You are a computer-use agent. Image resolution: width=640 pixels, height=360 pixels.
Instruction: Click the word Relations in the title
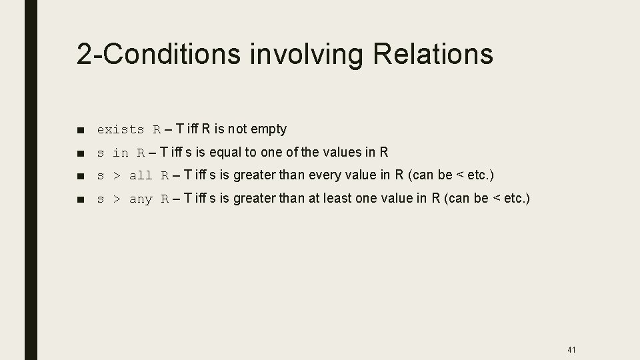click(x=433, y=53)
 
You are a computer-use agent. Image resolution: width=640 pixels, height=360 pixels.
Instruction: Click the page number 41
click(x=571, y=349)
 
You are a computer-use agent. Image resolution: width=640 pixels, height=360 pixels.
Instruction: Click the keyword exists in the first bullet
click(x=121, y=129)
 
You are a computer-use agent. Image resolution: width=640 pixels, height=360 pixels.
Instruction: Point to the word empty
click(x=268, y=129)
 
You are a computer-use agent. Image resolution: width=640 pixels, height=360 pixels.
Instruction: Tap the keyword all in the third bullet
click(x=141, y=176)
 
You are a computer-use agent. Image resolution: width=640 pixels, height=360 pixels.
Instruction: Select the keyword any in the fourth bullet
click(x=141, y=199)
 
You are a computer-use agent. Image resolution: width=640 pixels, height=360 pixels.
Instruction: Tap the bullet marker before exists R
click(x=81, y=130)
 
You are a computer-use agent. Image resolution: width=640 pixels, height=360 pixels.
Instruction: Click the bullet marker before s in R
click(x=81, y=153)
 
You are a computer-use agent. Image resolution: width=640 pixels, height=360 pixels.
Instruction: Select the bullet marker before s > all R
click(x=81, y=177)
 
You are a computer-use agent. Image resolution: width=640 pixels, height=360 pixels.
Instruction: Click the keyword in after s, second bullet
click(x=121, y=153)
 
